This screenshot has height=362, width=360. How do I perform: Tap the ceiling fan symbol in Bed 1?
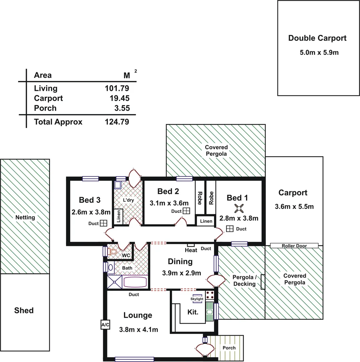[239, 208]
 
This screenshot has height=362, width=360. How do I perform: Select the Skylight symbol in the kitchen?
[197, 299]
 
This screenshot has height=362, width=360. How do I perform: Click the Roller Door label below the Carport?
[294, 246]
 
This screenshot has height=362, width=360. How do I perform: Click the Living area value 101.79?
[117, 88]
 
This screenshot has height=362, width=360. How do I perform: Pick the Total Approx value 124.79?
[117, 122]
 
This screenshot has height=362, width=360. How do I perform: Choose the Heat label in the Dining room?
[191, 250]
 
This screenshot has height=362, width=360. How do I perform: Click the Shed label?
[24, 310]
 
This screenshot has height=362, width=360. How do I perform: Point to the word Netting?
[25, 217]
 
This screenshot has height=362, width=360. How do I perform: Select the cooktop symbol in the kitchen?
[210, 295]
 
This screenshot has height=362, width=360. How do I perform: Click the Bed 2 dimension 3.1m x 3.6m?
[169, 203]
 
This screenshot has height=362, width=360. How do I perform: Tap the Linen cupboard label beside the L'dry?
[118, 217]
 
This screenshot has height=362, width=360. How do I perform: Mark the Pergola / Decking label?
[244, 281]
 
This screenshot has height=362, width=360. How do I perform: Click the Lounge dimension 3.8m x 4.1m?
[138, 330]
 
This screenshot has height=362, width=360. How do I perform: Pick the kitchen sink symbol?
[209, 312]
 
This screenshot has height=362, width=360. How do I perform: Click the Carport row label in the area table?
[48, 98]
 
